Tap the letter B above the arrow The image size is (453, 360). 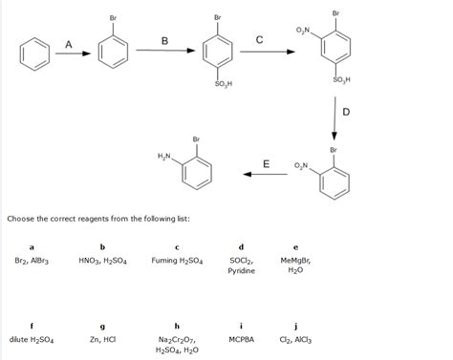(164, 41)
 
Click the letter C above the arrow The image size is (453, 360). (260, 39)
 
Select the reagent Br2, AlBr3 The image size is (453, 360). (32, 260)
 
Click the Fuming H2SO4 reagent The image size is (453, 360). (177, 260)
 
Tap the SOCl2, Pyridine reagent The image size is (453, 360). (241, 265)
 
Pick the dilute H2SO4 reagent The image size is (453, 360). (32, 339)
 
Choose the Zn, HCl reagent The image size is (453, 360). (102, 339)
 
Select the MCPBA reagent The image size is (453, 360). (241, 339)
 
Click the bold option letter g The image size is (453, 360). (102, 325)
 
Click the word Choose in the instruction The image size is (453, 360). (21, 219)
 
